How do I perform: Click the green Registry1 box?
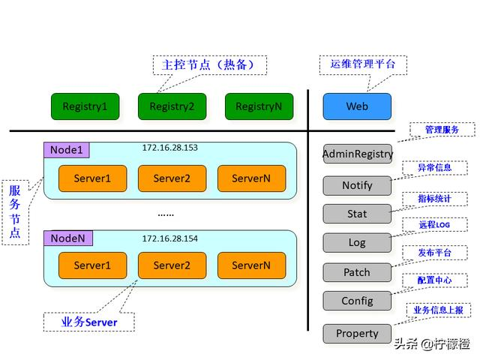tap(85, 106)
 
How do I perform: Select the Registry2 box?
tap(172, 106)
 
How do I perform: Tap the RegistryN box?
tap(259, 106)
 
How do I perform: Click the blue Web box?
tap(357, 106)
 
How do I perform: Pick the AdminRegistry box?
tap(357, 154)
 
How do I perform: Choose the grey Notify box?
tap(357, 185)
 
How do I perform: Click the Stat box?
tap(357, 214)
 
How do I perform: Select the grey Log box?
tap(357, 243)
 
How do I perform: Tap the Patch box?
tap(357, 272)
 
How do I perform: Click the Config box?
tap(357, 301)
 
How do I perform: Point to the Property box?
tap(357, 333)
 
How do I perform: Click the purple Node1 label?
tap(66, 150)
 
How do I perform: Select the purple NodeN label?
tap(67, 238)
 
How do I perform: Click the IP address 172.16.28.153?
tap(170, 148)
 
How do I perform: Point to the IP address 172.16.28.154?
tap(170, 238)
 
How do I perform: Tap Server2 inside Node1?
tap(172, 178)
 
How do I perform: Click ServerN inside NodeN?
tap(251, 265)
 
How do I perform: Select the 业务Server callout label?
tap(88, 322)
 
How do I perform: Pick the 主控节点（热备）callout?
tap(208, 65)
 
